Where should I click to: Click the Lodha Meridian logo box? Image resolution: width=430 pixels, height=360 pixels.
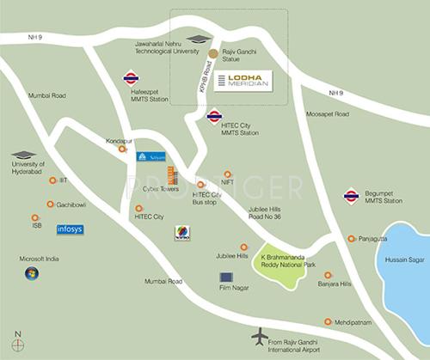(x=243, y=81)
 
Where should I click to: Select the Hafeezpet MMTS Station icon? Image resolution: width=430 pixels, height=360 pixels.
(x=131, y=77)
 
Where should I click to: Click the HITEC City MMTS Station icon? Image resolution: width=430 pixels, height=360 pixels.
(x=214, y=117)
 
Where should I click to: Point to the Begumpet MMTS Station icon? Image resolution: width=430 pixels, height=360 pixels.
(x=351, y=196)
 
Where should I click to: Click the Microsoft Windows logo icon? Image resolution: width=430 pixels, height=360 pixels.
(x=32, y=273)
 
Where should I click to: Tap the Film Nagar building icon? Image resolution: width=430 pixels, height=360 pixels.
(x=226, y=278)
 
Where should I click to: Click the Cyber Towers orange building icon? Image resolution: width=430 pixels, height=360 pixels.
(x=172, y=174)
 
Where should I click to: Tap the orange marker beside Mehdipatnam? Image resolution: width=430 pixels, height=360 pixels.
(x=327, y=321)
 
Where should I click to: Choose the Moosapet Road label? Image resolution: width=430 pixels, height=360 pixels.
(x=329, y=114)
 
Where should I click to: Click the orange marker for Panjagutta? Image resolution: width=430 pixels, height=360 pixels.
(x=351, y=239)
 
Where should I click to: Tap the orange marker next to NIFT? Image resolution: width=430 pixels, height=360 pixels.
(x=228, y=174)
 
